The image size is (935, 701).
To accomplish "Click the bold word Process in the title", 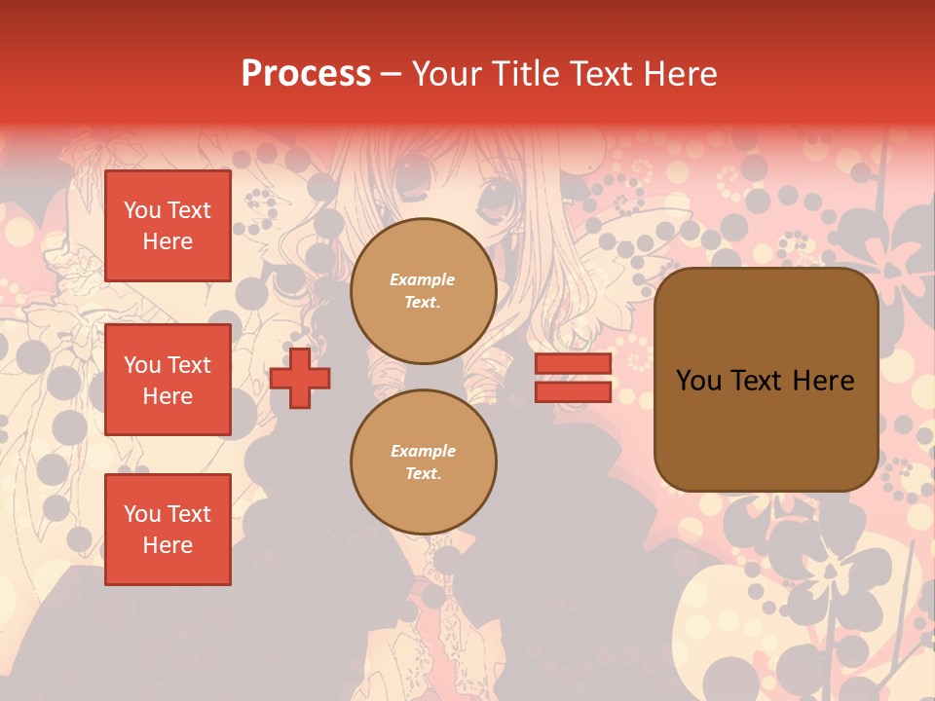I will (x=306, y=74).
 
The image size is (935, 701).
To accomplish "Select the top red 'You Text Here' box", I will (x=168, y=226).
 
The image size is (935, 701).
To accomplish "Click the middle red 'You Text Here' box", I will (x=168, y=380).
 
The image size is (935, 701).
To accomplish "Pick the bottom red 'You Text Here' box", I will (x=168, y=530).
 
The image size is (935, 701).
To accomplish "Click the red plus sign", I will (x=300, y=379).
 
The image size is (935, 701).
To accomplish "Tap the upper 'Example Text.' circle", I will (x=423, y=291).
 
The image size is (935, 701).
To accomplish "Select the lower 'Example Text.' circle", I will (x=423, y=462).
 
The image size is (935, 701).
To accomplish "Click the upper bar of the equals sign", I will (x=573, y=363).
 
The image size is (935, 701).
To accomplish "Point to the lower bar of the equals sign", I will (x=573, y=391).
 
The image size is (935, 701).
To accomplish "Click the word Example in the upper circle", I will (x=423, y=280).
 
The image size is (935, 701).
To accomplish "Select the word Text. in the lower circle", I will (x=423, y=474).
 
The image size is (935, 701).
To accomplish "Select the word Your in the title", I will (x=445, y=74).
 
